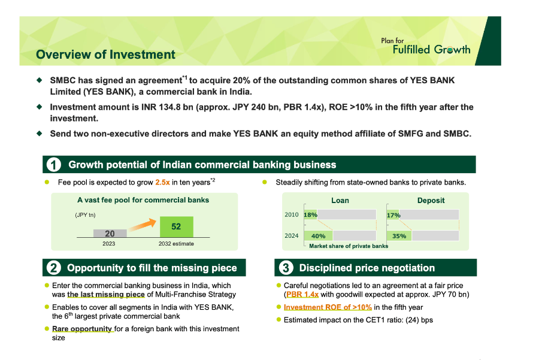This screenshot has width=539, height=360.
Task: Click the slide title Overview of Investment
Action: tap(105, 55)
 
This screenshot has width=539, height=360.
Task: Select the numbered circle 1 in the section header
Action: tap(53, 165)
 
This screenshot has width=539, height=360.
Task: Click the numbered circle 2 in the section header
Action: tap(53, 268)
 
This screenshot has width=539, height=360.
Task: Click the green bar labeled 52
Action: tap(176, 227)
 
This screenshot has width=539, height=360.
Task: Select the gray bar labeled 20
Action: tap(110, 234)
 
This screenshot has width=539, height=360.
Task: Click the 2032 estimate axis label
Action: tap(176, 244)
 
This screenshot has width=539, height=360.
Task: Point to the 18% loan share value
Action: tap(310, 214)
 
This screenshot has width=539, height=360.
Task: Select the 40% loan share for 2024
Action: tap(318, 236)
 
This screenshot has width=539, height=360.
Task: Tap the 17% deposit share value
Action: tap(393, 214)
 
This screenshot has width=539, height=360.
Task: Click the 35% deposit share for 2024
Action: tap(399, 236)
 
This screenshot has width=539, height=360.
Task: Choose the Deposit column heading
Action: tap(431, 200)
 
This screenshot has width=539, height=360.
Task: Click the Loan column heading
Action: tap(340, 200)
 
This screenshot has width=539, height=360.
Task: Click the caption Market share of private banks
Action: tap(348, 246)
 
